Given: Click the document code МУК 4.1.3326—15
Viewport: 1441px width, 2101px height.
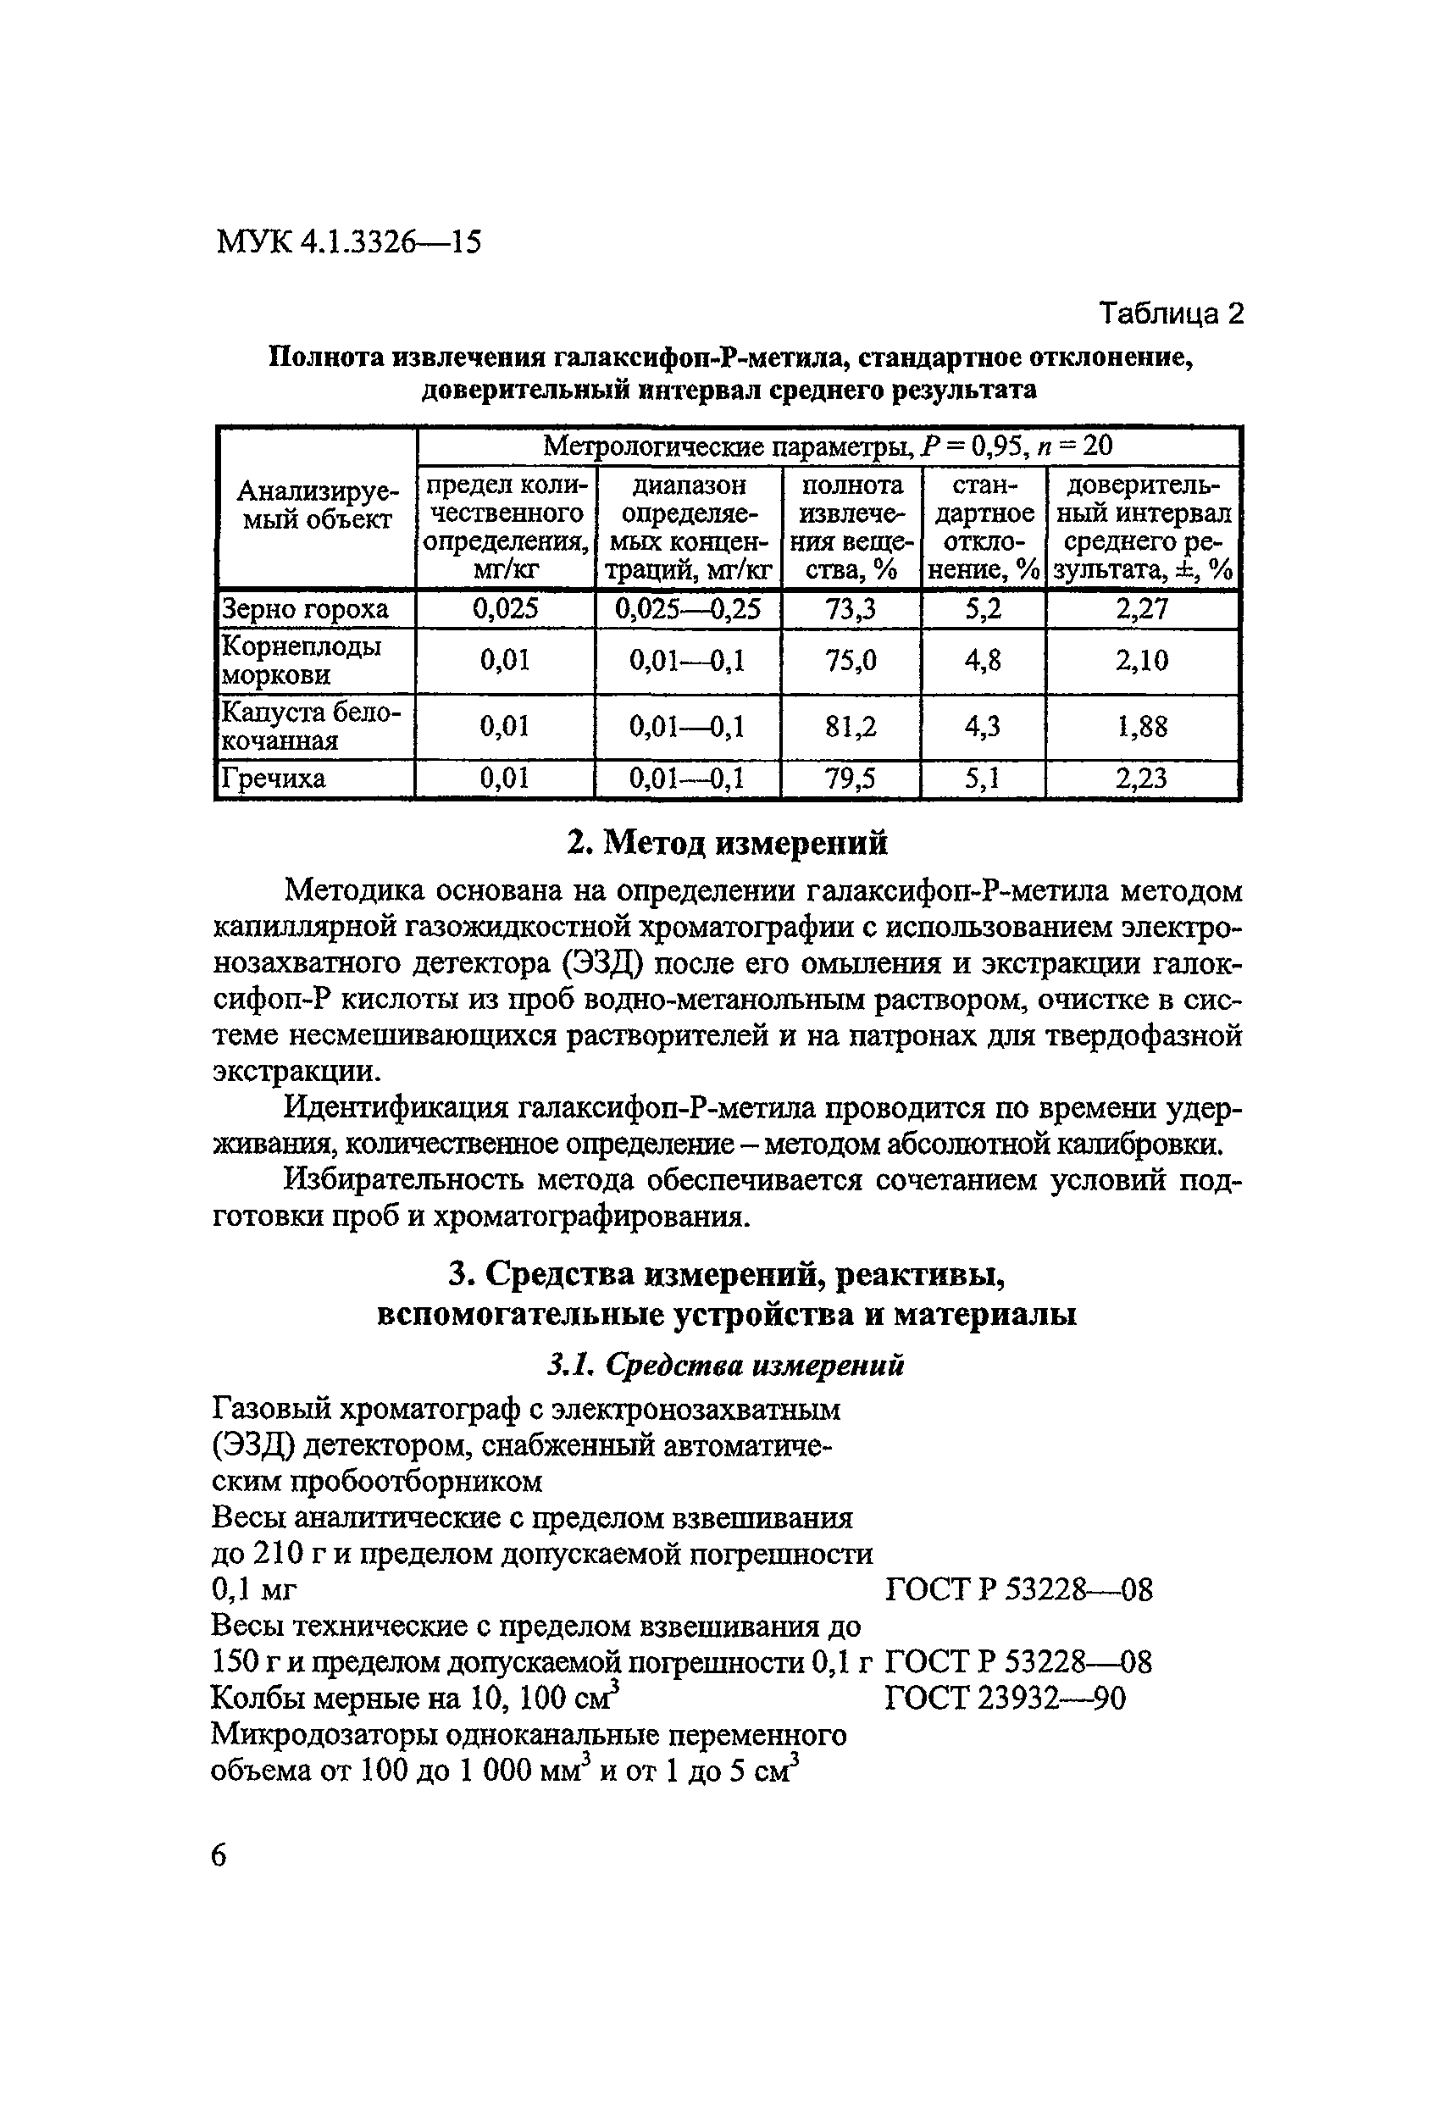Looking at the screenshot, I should pyautogui.click(x=348, y=242).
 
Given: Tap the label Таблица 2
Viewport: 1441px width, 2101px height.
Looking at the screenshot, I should pyautogui.click(x=1171, y=313).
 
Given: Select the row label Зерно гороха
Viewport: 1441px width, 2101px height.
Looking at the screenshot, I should pyautogui.click(x=305, y=609).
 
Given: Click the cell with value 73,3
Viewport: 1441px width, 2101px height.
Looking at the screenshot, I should pyautogui.click(x=851, y=609).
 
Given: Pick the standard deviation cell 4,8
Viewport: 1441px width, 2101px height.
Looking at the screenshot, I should pyautogui.click(x=983, y=660).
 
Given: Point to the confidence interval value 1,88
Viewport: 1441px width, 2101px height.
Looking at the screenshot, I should pyautogui.click(x=1142, y=727).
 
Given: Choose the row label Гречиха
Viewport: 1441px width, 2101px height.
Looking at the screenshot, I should pyautogui.click(x=274, y=779).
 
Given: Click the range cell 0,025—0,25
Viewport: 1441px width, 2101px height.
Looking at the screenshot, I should pyautogui.click(x=687, y=609).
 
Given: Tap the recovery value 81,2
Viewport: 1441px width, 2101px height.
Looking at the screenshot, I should pyautogui.click(x=851, y=727).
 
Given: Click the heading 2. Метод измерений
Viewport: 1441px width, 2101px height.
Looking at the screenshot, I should pyautogui.click(x=727, y=843).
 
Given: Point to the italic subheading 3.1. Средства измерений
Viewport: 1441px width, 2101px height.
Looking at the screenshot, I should pyautogui.click(x=726, y=1365).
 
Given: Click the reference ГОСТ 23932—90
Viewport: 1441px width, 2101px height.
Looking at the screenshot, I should pyautogui.click(x=1006, y=1699).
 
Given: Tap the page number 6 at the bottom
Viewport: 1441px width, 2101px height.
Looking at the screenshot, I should pyautogui.click(x=219, y=1855).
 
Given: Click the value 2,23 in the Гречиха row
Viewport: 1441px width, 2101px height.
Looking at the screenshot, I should pyautogui.click(x=1142, y=779).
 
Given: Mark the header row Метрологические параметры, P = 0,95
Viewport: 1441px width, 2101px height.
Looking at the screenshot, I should pyautogui.click(x=827, y=446).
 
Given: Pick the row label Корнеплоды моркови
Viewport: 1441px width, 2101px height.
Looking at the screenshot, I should pyautogui.click(x=301, y=660).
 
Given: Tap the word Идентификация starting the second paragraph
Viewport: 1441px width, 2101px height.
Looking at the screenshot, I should pyautogui.click(x=394, y=1108).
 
